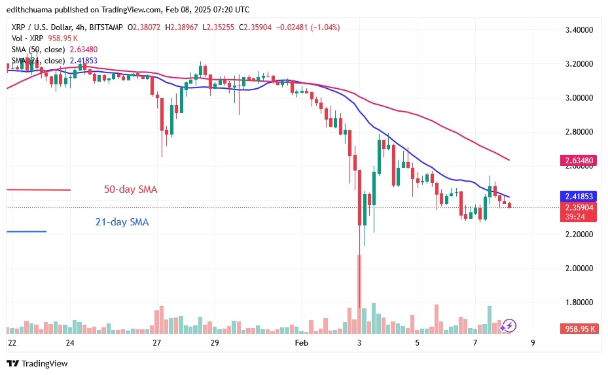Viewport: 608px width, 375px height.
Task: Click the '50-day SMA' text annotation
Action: [x=131, y=189]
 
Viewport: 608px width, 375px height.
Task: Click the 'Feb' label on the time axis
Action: [x=301, y=342]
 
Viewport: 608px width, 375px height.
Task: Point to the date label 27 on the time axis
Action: [x=157, y=342]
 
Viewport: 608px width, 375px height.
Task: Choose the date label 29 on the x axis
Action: [x=214, y=342]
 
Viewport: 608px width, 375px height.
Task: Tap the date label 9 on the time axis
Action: [x=532, y=342]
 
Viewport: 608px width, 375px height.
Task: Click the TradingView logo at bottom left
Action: [x=37, y=363]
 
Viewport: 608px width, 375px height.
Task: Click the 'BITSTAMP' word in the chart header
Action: [x=107, y=27]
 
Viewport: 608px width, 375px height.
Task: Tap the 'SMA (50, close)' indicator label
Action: [x=35, y=48]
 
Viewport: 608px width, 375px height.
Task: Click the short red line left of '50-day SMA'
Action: [x=38, y=189]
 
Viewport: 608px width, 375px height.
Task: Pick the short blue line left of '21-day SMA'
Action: [x=26, y=231]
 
